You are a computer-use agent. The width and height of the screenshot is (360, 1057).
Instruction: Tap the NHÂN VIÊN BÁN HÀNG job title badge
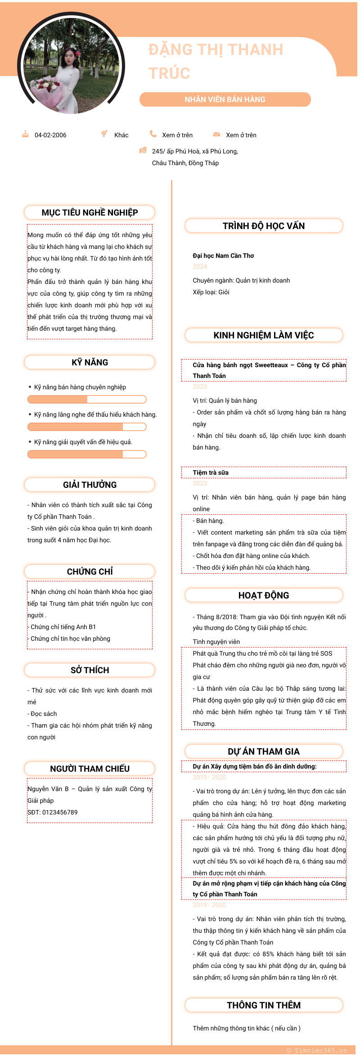(225, 99)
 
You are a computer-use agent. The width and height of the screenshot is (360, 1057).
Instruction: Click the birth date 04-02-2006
(50, 135)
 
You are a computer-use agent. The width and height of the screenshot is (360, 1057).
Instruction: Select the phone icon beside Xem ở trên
(153, 134)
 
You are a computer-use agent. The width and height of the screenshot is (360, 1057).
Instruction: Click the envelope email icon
(216, 134)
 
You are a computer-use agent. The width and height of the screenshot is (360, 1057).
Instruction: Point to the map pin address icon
(143, 150)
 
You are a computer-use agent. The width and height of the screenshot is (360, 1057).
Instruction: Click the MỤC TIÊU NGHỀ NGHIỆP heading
(90, 212)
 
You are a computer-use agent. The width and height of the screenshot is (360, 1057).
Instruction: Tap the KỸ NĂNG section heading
(90, 362)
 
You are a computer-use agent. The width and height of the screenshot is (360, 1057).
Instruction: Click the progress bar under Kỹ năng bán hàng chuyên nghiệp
(87, 399)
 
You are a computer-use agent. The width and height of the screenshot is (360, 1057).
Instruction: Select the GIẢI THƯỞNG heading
(90, 485)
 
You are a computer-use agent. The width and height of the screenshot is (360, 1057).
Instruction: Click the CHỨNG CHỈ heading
(90, 571)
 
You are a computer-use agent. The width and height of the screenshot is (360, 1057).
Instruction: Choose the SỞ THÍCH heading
(90, 670)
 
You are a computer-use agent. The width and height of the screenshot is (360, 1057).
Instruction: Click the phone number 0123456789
(60, 812)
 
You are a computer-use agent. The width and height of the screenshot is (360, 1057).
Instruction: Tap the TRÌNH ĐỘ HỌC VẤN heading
(264, 226)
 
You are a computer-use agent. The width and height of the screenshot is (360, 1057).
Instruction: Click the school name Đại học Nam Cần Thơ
(223, 256)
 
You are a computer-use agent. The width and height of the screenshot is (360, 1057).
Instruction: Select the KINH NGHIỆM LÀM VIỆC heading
(264, 335)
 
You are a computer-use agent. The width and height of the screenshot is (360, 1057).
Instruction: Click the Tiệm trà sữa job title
(211, 472)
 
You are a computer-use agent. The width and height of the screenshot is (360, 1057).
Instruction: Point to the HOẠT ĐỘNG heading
(264, 595)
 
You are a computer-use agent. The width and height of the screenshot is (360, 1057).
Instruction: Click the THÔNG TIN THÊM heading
(264, 1005)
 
